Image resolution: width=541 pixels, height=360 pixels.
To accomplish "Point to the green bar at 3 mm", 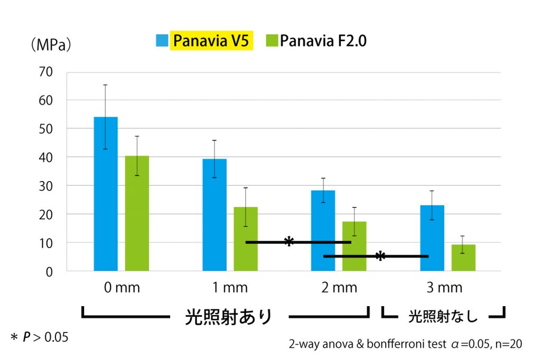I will pyautogui.click(x=463, y=258).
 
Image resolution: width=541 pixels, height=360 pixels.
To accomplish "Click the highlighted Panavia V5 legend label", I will pyautogui.click(x=211, y=41).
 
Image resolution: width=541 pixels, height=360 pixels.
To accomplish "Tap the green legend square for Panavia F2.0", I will pyautogui.click(x=272, y=41).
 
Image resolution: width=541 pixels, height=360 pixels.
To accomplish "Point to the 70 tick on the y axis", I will pyautogui.click(x=49, y=72).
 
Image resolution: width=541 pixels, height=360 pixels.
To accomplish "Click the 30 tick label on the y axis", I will pyautogui.click(x=49, y=186).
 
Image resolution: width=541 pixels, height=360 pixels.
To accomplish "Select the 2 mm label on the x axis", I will pyautogui.click(x=339, y=288).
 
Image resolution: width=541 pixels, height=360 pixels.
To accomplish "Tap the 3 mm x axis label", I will pyautogui.click(x=444, y=288).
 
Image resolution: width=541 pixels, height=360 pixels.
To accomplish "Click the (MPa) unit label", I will pyautogui.click(x=51, y=45).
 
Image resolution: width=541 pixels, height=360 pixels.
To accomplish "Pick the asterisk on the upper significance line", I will pyautogui.click(x=288, y=242).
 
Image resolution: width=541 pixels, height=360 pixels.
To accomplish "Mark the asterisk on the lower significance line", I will pyautogui.click(x=380, y=256).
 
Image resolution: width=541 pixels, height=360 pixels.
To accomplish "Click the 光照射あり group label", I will pyautogui.click(x=228, y=317).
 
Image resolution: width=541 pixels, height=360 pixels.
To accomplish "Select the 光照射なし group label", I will pyautogui.click(x=443, y=317).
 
